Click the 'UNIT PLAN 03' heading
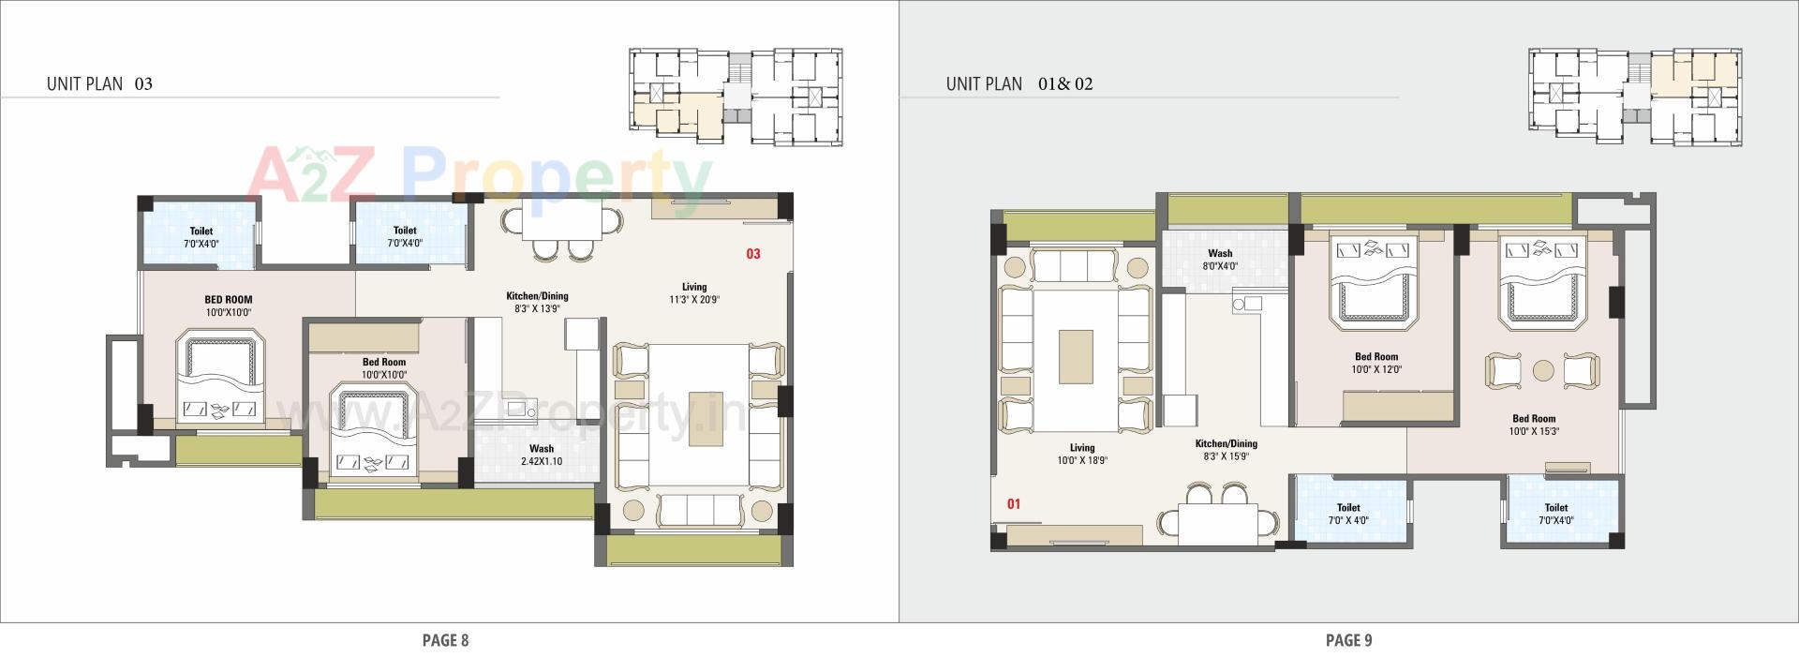click(99, 83)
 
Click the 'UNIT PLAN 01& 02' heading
click(1018, 83)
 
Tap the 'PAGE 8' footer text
click(445, 640)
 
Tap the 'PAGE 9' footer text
click(1348, 640)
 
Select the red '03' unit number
click(752, 254)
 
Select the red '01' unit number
click(1013, 504)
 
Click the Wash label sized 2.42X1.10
click(541, 455)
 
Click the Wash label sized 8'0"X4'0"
click(1220, 260)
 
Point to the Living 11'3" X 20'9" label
click(693, 293)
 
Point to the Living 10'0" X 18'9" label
click(1081, 455)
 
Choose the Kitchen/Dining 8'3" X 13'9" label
click(537, 302)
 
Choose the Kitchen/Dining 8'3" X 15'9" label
click(1226, 450)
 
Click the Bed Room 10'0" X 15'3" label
click(1533, 426)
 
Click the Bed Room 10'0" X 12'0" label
click(1375, 363)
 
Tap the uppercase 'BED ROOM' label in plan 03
click(228, 306)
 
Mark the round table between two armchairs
click(1542, 370)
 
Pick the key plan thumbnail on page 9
click(1634, 97)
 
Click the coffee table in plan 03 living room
click(706, 417)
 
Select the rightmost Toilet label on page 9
click(1555, 514)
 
